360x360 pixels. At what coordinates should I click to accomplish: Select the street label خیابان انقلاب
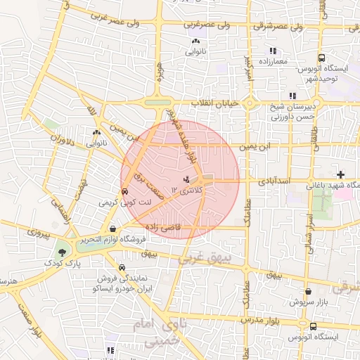pyautogui.click(x=217, y=103)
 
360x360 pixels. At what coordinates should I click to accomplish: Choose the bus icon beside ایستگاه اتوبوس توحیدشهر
pyautogui.click(x=321, y=58)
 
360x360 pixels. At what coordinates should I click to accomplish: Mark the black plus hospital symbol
pyautogui.click(x=340, y=174)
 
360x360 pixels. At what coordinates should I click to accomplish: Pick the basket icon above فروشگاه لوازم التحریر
pyautogui.click(x=112, y=229)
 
